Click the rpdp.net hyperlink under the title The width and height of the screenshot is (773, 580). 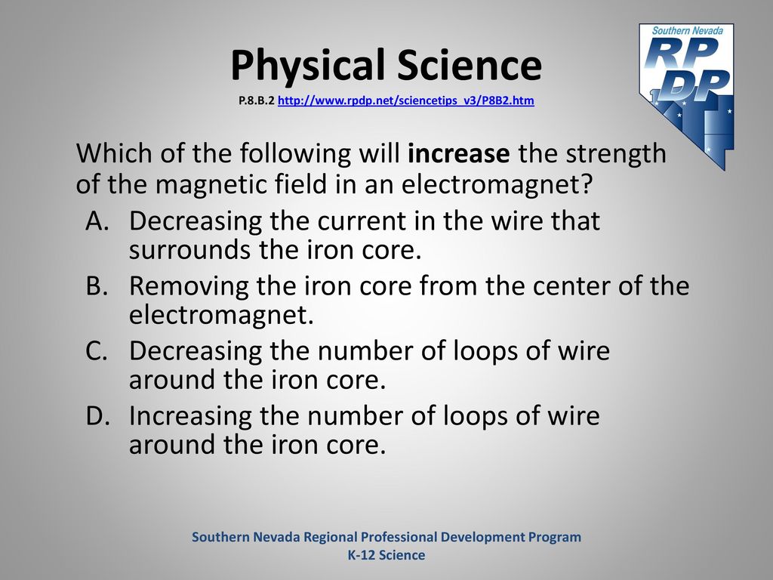405,101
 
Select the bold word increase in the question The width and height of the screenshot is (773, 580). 458,153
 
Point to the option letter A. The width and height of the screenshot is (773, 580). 97,221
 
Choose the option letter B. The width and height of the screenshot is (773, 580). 97,285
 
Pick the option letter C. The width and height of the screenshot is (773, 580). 97,350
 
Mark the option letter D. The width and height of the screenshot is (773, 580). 97,416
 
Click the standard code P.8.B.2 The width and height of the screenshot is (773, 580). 257,101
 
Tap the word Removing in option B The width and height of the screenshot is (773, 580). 189,286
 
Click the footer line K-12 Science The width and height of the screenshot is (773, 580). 386,555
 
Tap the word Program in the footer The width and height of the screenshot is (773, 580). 555,538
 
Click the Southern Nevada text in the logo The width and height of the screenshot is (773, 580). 687,30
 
